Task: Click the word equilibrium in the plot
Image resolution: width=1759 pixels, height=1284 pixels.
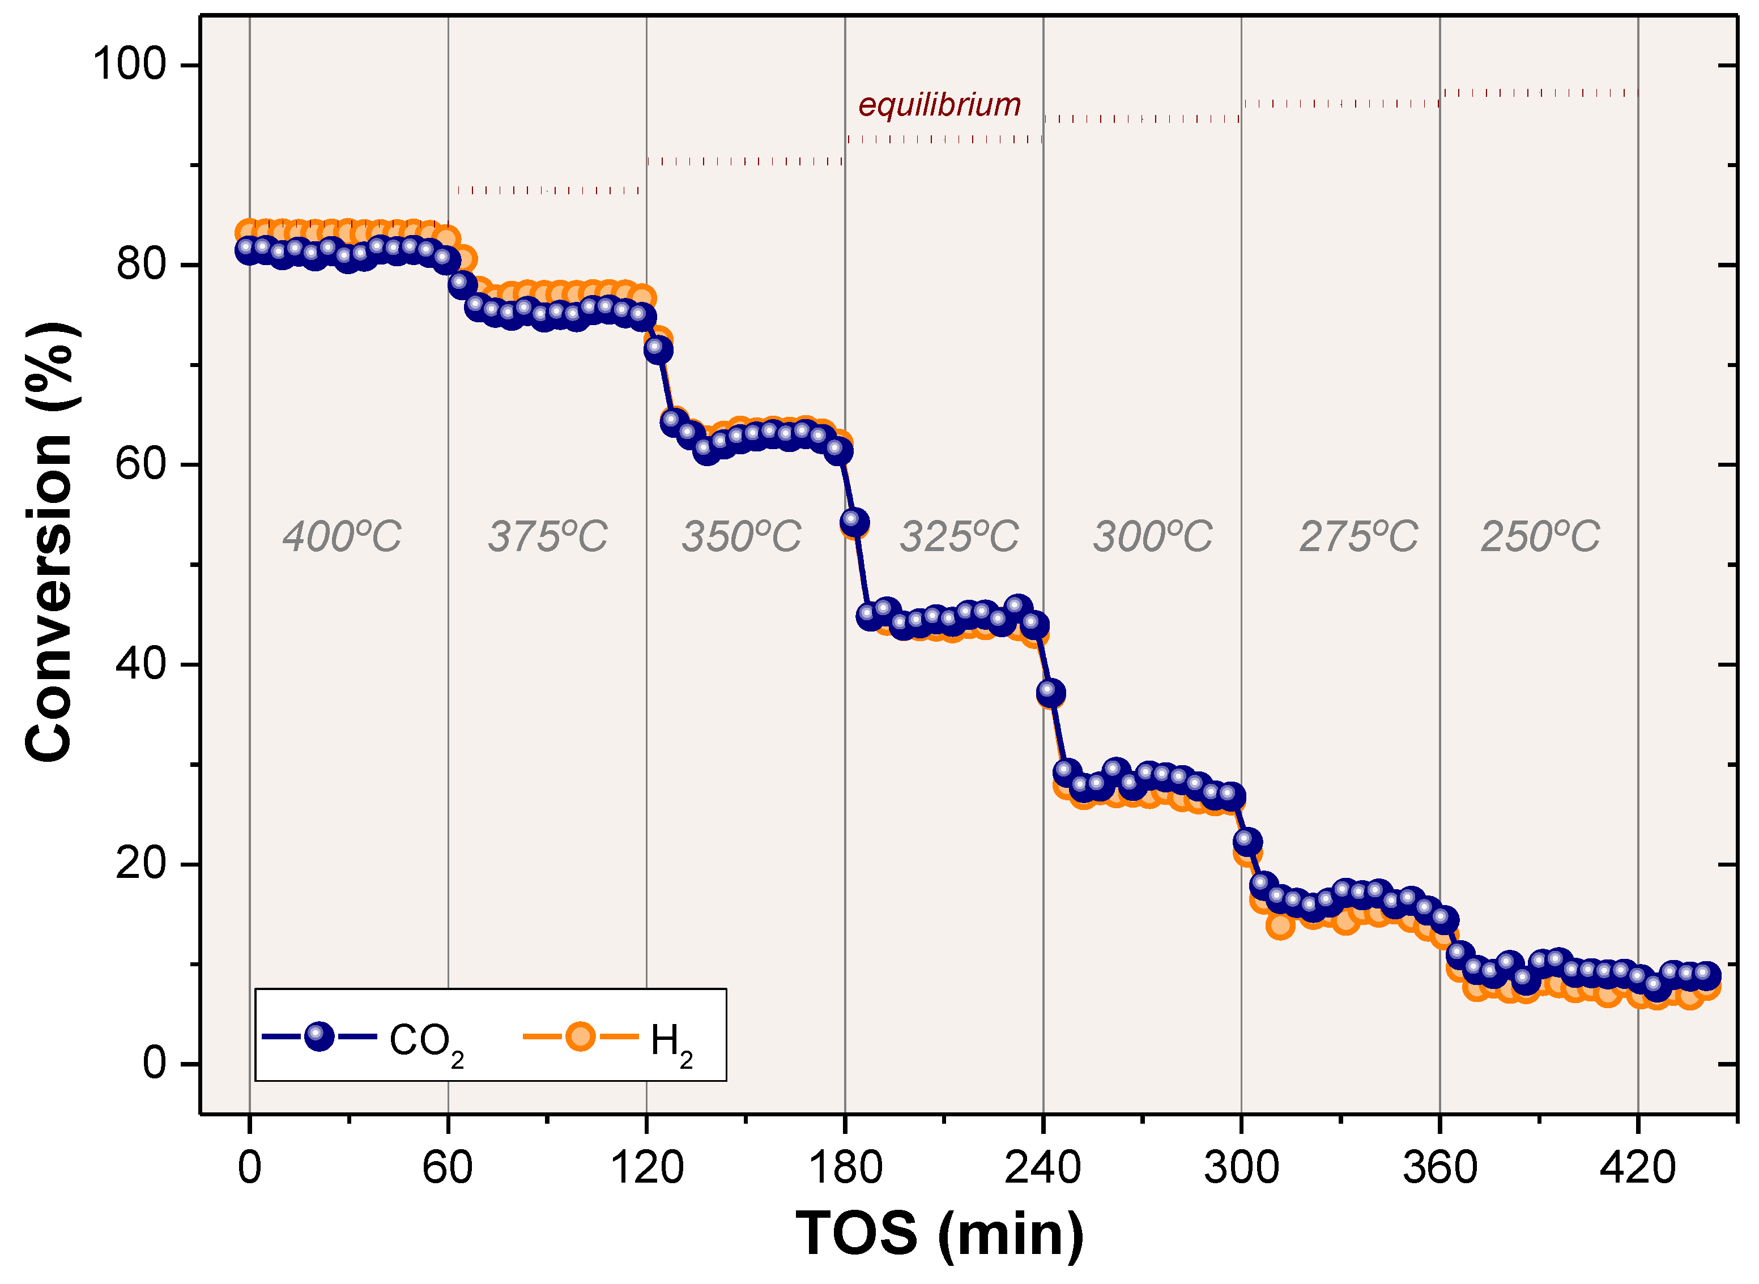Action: click(939, 105)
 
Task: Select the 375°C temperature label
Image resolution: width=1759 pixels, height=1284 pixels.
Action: click(547, 536)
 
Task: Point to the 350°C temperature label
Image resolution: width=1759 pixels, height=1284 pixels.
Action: click(741, 536)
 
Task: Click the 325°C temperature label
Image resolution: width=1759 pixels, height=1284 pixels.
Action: click(959, 536)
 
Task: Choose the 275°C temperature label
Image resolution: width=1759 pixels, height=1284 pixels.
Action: click(1358, 536)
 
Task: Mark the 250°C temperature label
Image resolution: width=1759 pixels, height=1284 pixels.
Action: click(1539, 536)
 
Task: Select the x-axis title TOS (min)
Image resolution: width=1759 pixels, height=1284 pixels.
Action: click(939, 1234)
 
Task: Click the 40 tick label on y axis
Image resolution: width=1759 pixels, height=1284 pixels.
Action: click(140, 664)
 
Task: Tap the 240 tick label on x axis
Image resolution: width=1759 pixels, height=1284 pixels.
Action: click(1042, 1167)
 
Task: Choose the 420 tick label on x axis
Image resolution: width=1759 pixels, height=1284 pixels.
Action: click(1637, 1167)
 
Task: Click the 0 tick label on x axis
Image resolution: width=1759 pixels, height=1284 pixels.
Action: click(249, 1167)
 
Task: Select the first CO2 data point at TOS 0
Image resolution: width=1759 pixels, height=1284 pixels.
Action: click(247, 249)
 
